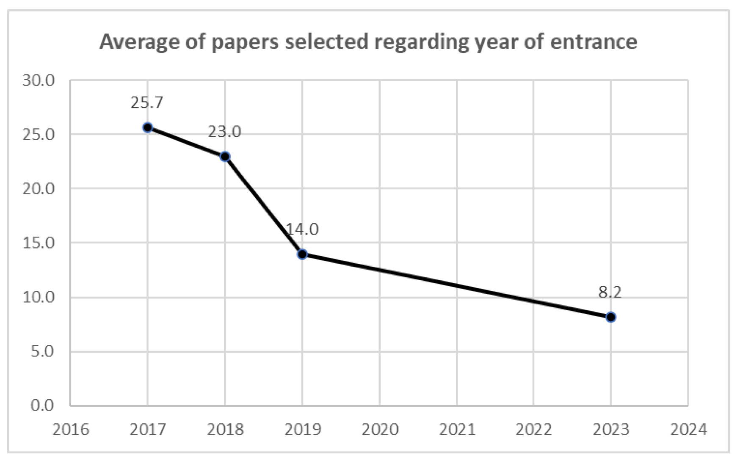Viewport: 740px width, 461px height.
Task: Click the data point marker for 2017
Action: click(x=147, y=127)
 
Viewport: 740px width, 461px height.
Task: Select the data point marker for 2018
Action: click(x=225, y=157)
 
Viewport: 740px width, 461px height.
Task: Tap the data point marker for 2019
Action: click(x=302, y=254)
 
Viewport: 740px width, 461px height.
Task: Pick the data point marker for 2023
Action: click(x=610, y=317)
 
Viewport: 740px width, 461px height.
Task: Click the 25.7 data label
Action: click(x=146, y=103)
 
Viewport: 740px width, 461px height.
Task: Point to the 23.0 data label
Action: click(x=224, y=132)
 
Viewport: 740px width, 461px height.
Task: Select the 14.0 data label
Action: click(x=302, y=229)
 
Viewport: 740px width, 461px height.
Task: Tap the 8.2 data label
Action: click(x=610, y=292)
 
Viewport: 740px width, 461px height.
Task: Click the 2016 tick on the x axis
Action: click(x=71, y=429)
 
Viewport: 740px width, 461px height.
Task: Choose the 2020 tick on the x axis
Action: click(x=380, y=429)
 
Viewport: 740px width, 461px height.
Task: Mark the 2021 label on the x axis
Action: click(x=457, y=429)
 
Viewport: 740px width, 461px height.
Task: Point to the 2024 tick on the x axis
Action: click(x=688, y=429)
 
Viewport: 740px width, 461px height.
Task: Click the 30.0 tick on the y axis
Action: click(x=39, y=80)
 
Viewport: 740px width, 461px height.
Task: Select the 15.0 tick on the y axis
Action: click(x=39, y=243)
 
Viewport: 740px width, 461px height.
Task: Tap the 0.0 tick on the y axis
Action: click(x=42, y=405)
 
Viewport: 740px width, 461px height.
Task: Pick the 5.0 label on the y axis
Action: click(x=42, y=351)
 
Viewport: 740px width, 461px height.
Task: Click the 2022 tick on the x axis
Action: click(x=534, y=429)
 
